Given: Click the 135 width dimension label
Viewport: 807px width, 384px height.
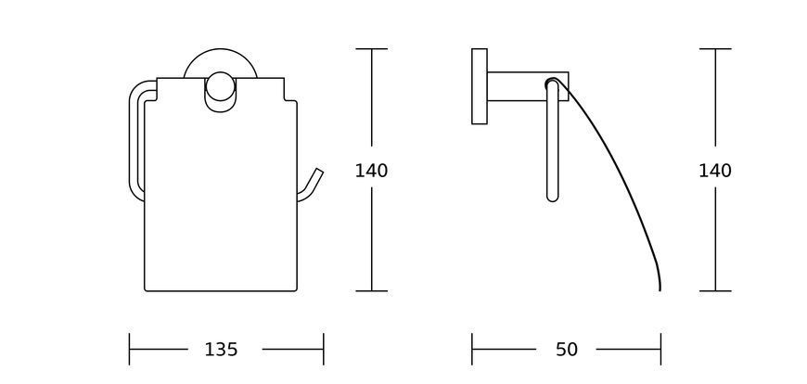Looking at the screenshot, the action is (222, 350).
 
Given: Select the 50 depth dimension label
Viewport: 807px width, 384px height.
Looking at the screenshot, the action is (566, 350).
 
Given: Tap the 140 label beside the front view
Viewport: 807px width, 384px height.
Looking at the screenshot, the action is (371, 171).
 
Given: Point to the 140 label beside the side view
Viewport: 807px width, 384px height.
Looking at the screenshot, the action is (715, 171).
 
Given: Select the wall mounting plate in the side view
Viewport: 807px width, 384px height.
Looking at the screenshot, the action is (480, 86).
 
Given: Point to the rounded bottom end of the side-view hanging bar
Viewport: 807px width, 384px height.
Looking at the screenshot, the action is (552, 198).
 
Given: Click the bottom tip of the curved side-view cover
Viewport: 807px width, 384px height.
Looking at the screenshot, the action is (660, 289).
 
